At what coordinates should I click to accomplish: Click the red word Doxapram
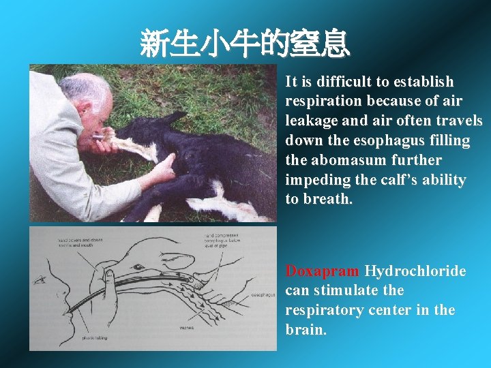click(322, 271)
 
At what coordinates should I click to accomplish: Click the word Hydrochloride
click(415, 271)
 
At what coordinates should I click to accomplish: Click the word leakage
click(311, 121)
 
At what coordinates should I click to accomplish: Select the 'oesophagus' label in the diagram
click(263, 295)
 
